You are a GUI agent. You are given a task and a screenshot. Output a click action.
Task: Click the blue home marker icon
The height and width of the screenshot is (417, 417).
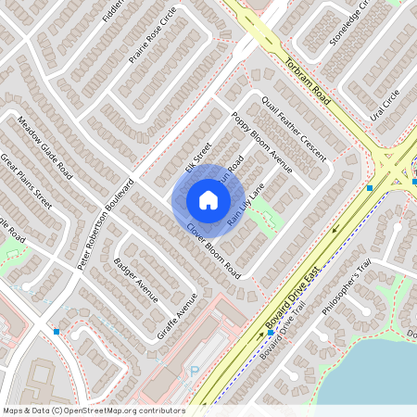(208, 199)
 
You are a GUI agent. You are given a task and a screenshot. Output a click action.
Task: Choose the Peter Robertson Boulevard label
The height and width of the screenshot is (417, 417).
(103, 223)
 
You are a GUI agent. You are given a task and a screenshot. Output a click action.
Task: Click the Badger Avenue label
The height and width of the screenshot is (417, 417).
(135, 280)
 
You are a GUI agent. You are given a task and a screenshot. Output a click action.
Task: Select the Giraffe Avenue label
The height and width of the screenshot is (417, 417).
(178, 316)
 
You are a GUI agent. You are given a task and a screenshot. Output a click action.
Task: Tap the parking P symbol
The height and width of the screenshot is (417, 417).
(194, 372)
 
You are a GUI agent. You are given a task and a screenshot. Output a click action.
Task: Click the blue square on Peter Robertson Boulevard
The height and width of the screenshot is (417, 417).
(57, 331)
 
